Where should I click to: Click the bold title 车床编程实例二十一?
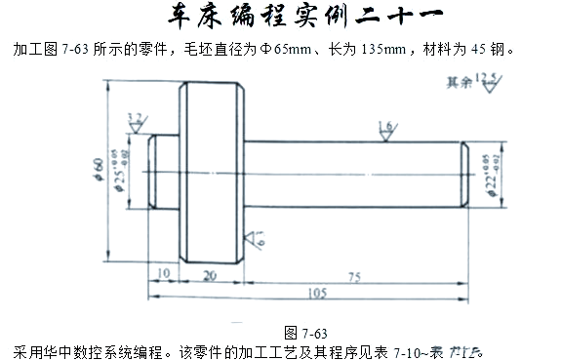pyautogui.click(x=281, y=19)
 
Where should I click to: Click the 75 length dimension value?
pyautogui.click(x=353, y=277)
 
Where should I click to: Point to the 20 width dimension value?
pyautogui.click(x=210, y=277)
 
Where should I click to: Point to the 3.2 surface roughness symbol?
pyautogui.click(x=137, y=123)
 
